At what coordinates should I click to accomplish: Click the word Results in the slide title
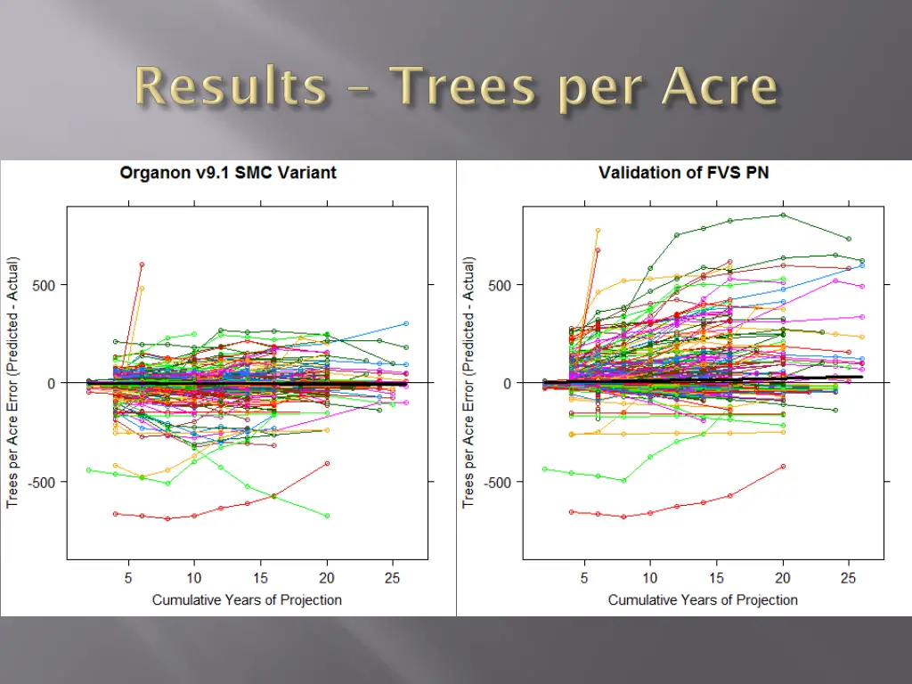click(231, 88)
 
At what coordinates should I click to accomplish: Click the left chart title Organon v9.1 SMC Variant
click(228, 173)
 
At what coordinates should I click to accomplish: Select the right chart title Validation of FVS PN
click(684, 173)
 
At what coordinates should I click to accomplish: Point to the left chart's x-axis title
click(247, 599)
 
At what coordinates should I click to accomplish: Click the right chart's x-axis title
click(703, 599)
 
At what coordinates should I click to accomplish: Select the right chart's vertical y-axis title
click(469, 383)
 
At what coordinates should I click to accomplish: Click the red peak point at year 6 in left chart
click(142, 265)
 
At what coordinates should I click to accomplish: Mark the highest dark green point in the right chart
click(784, 215)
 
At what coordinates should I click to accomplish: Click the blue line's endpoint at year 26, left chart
click(406, 323)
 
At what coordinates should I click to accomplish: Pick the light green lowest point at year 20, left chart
click(328, 516)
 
